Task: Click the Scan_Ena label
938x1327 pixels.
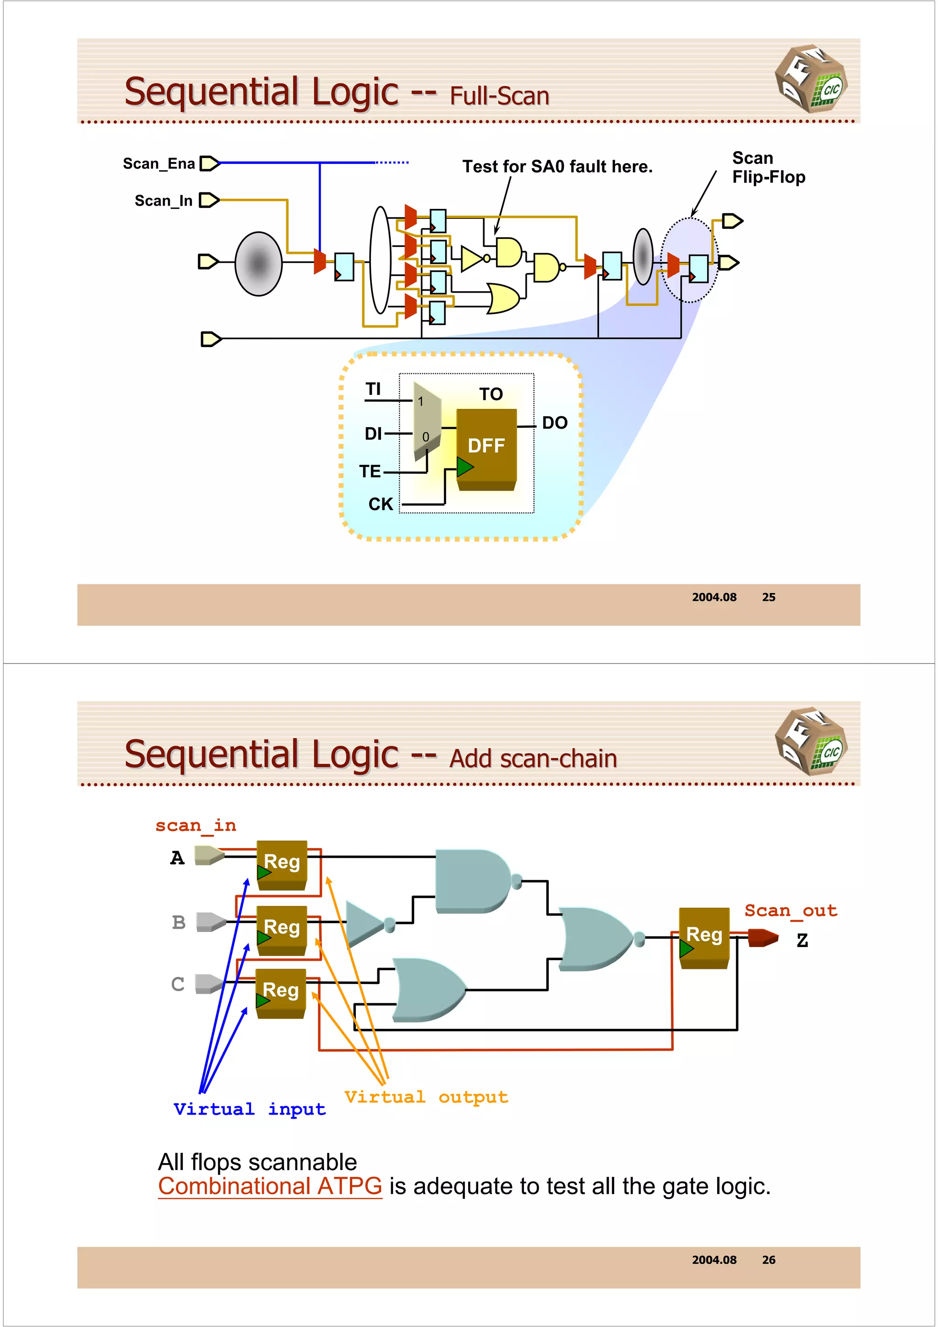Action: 158,164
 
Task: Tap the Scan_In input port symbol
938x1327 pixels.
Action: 209,201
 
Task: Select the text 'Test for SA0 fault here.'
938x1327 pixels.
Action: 557,167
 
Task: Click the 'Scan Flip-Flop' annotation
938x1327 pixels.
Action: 768,168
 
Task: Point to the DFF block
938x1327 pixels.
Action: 486,446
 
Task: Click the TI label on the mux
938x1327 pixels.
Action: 373,390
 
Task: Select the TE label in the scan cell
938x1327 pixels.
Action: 370,472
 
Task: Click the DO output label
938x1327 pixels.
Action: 554,423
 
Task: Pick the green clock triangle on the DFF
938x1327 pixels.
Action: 464,467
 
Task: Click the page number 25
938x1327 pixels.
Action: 768,597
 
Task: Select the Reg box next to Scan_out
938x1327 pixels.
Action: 704,937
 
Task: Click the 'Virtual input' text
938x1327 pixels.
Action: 249,1109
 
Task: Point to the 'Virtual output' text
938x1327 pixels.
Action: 426,1097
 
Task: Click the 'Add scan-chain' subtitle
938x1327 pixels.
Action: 533,759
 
